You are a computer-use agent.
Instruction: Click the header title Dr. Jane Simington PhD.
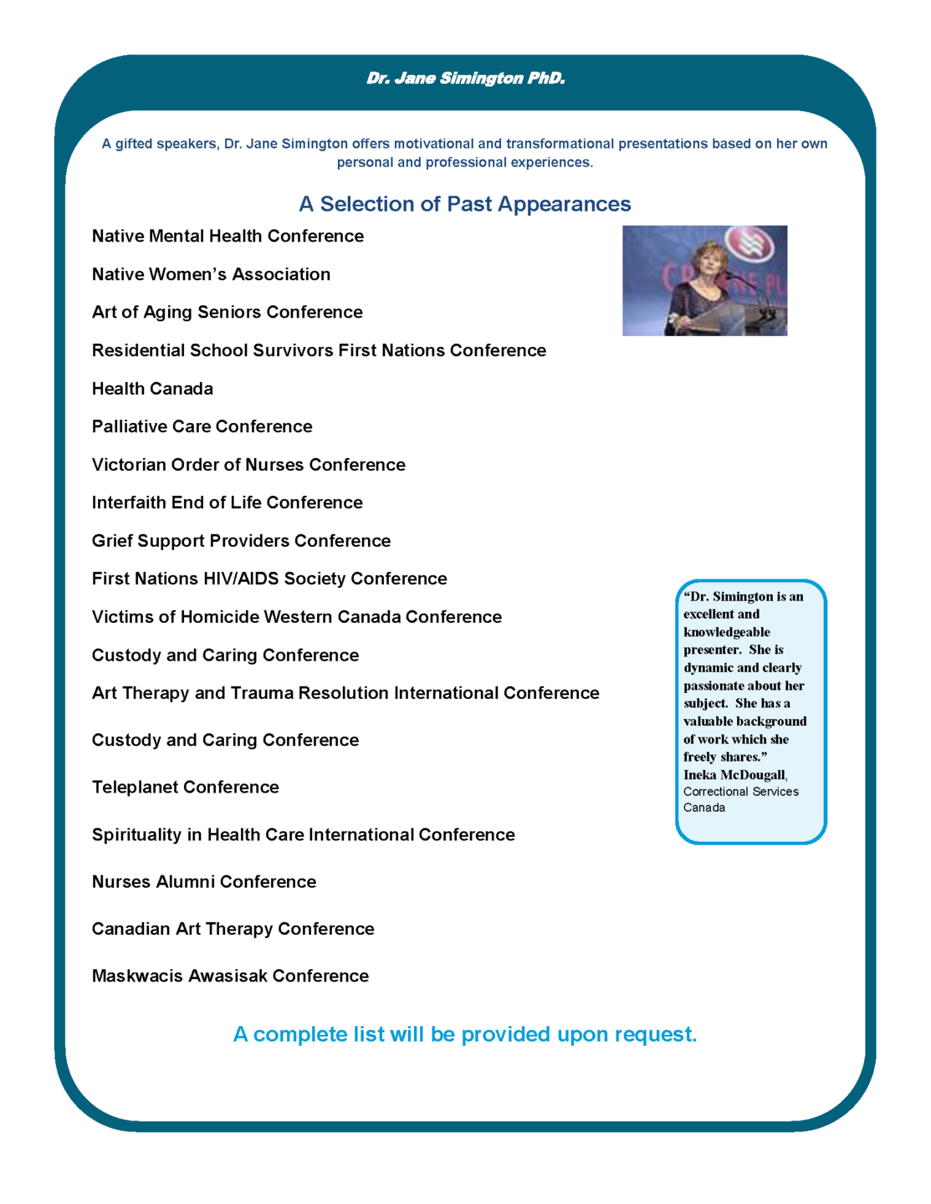(465, 79)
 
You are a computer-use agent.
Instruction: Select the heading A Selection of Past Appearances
(465, 204)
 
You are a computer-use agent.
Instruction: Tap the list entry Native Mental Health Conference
(228, 237)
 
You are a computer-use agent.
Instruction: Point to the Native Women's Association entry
(211, 274)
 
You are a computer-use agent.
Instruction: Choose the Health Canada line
(152, 389)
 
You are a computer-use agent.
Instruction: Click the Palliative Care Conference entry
(202, 426)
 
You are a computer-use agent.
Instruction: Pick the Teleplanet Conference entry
(185, 788)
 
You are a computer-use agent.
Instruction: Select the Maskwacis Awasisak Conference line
(230, 977)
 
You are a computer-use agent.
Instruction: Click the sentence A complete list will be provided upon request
(465, 1035)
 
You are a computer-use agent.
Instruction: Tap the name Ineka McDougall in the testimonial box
(734, 775)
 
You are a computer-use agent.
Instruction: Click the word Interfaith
(129, 503)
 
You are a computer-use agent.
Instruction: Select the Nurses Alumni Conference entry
(204, 882)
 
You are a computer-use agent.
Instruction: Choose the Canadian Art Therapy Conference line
(233, 929)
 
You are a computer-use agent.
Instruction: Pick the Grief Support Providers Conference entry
(241, 541)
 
